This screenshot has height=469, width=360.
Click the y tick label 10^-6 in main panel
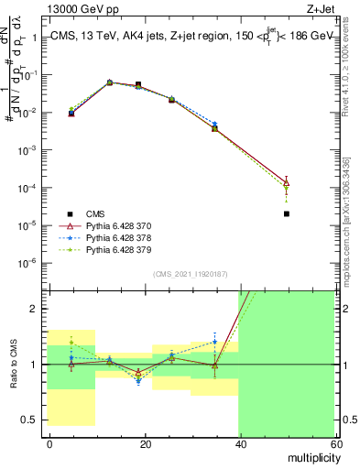pos(29,263)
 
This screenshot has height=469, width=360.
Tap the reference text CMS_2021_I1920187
pos(191,274)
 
